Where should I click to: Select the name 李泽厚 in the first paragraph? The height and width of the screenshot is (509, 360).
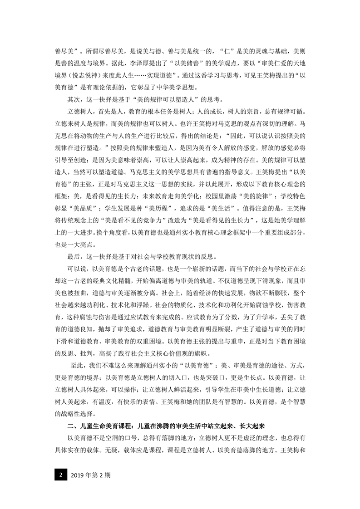click(x=137, y=64)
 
